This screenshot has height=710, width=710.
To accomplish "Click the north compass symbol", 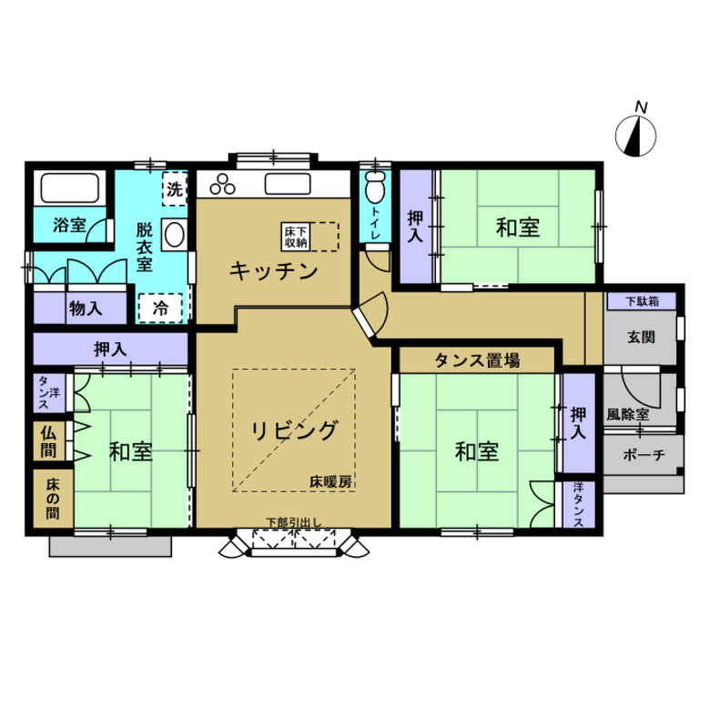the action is click(635, 136).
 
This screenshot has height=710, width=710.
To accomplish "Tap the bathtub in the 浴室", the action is click(70, 188).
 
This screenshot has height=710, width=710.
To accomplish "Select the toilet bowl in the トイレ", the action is click(375, 187).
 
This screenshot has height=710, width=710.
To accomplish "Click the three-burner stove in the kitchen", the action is click(222, 184).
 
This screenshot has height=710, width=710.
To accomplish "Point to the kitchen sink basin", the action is click(288, 184).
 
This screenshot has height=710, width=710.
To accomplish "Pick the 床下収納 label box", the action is click(296, 237).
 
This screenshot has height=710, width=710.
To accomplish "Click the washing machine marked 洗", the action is click(175, 189).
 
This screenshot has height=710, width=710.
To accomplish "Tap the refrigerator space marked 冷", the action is click(160, 308).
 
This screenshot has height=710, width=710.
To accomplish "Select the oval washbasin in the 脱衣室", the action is click(175, 235).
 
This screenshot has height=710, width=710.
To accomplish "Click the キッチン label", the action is click(273, 271).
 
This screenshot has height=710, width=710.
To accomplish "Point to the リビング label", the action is click(294, 431).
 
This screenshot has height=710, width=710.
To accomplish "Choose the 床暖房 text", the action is click(330, 482).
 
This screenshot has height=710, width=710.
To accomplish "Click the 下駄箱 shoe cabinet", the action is click(642, 301).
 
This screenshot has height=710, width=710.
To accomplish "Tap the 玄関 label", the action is click(641, 337).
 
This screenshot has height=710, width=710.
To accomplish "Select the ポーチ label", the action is click(643, 454).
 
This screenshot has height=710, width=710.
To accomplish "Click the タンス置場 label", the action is click(477, 360).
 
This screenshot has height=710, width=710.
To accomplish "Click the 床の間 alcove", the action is click(53, 498).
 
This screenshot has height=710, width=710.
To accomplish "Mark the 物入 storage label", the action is click(86, 309).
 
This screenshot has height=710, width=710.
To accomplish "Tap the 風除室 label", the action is click(627, 414).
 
